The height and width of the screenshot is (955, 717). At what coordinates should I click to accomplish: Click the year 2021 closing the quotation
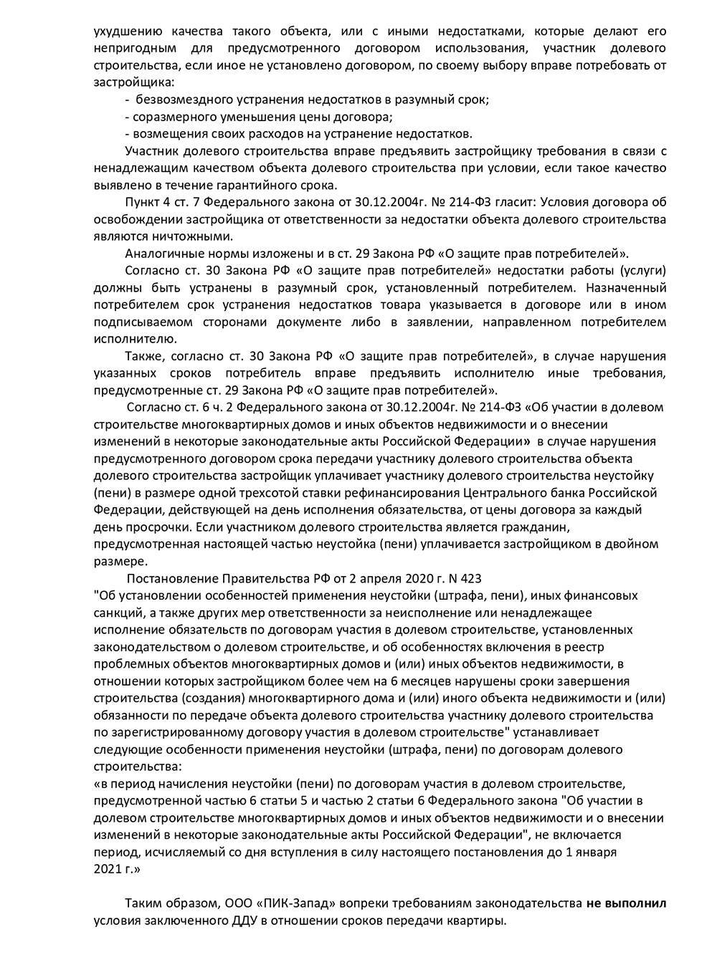coord(108,869)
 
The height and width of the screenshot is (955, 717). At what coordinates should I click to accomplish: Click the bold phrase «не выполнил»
coord(626,903)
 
